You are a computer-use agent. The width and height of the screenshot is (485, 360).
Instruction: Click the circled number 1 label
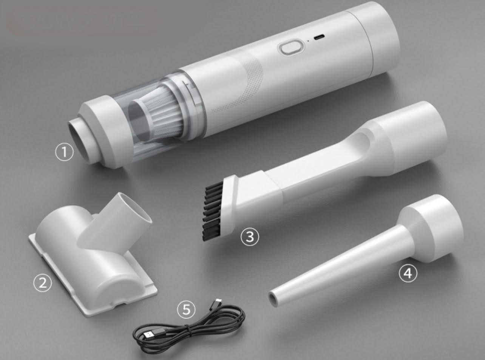coord(64,152)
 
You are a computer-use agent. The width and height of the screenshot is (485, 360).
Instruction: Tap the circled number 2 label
coord(42,283)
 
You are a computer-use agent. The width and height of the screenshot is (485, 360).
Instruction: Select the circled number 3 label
coord(250,237)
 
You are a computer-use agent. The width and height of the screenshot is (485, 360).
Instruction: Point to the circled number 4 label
coord(408,273)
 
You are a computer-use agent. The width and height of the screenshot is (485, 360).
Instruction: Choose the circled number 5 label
coord(186,310)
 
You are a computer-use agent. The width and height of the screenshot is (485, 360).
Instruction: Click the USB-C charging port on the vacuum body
coord(319,37)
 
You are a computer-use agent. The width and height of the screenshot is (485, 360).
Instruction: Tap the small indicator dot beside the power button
coord(308,41)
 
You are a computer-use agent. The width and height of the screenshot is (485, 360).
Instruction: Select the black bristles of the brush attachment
coord(212,211)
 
